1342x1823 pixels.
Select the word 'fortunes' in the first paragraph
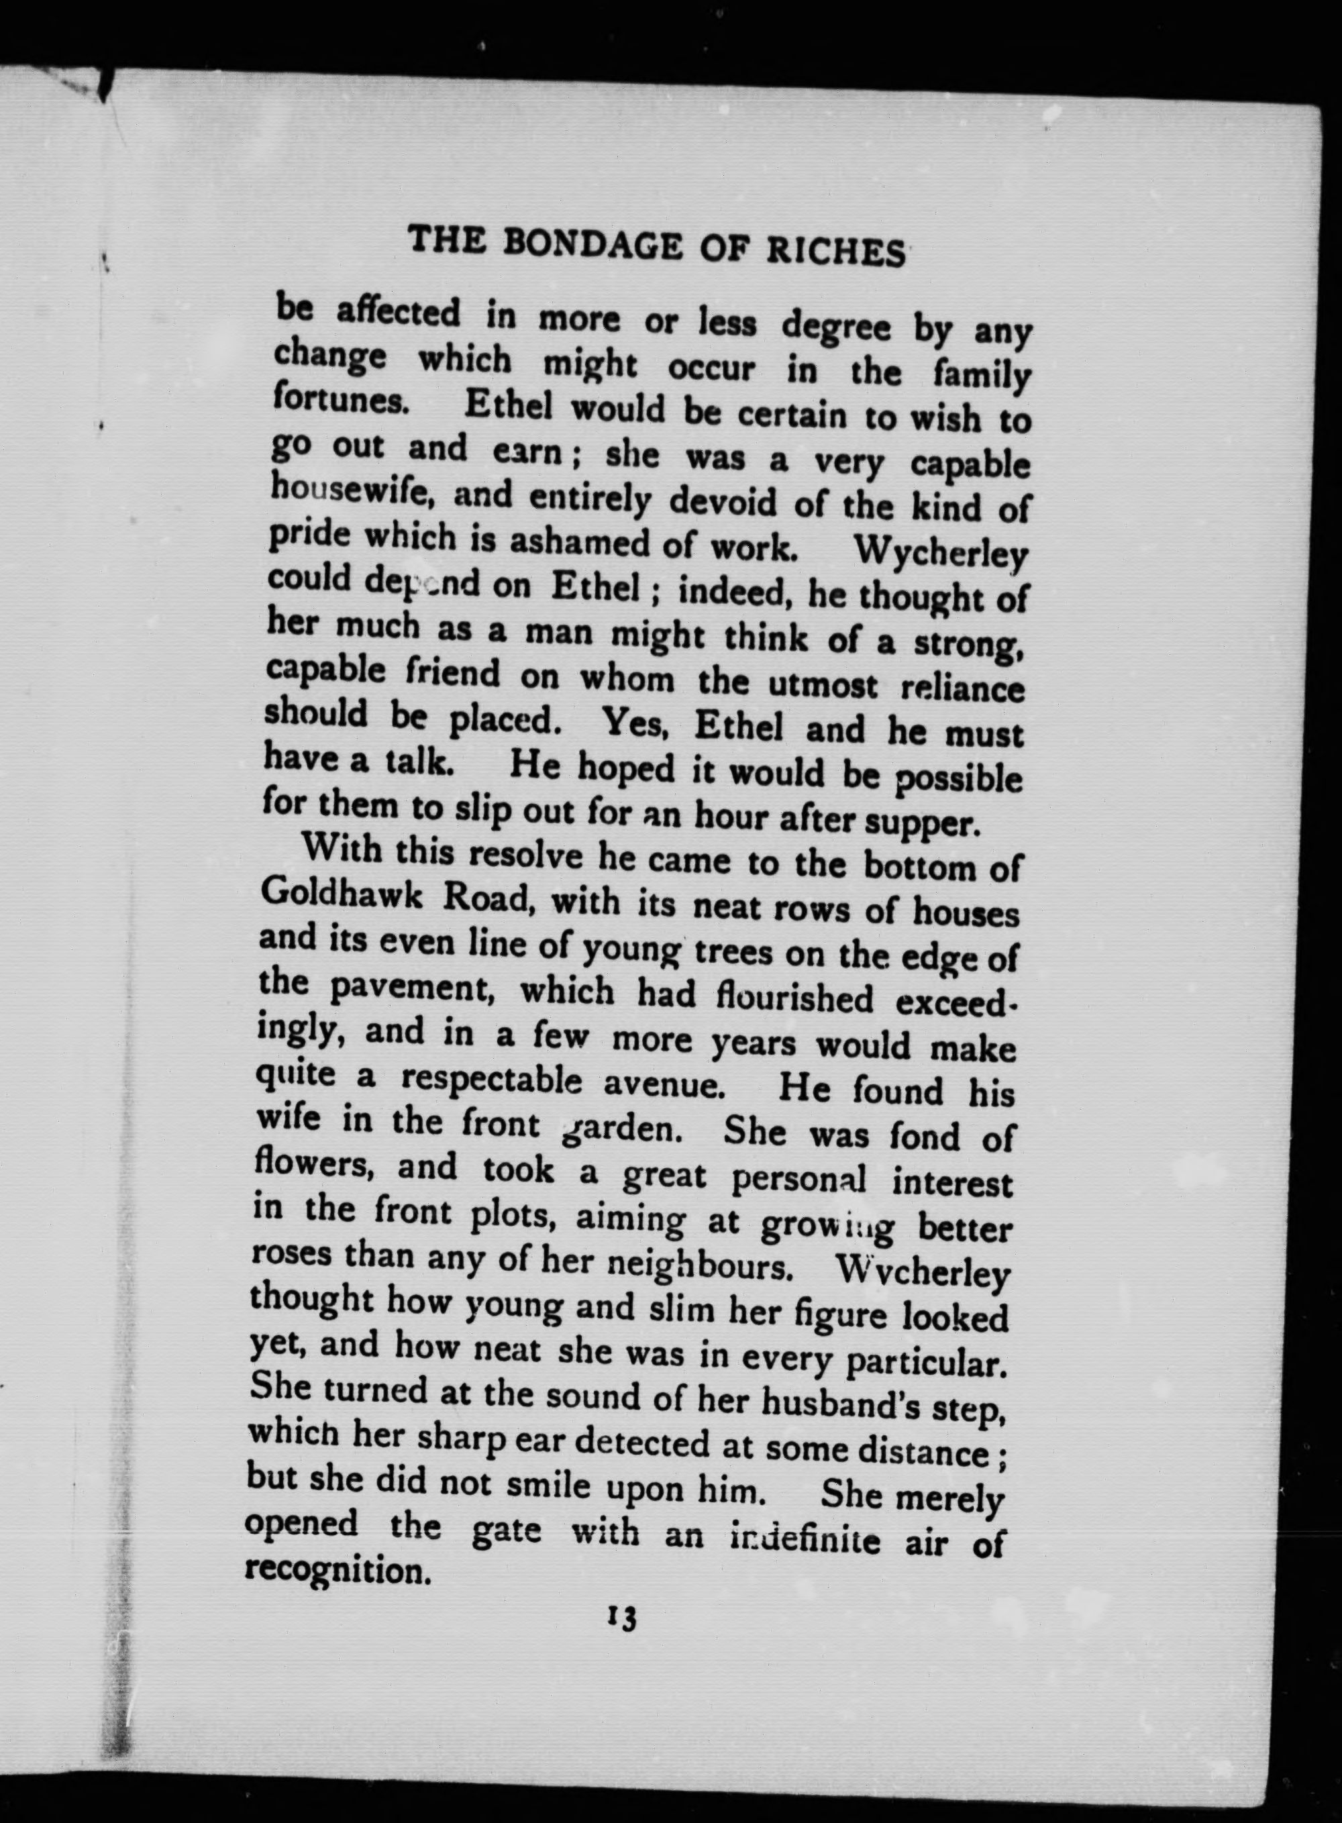tap(340, 401)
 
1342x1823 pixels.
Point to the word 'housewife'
tap(350, 490)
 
